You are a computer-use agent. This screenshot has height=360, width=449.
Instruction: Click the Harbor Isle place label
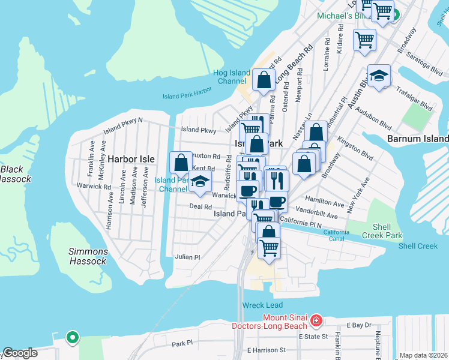(131, 159)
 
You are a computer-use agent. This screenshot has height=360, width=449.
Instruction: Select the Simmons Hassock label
(88, 256)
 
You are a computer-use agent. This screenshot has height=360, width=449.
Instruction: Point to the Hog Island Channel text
(231, 77)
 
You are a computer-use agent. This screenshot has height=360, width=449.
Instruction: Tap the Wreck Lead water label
(262, 305)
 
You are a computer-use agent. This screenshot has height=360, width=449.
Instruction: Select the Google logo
(20, 353)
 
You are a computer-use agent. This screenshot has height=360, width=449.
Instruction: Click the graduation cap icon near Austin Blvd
(379, 76)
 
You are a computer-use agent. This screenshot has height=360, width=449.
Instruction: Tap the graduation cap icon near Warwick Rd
(200, 182)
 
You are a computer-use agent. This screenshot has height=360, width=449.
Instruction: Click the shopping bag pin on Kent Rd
(181, 162)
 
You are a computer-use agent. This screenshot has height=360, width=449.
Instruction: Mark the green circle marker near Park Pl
(73, 338)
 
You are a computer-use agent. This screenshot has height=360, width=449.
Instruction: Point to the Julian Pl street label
(187, 257)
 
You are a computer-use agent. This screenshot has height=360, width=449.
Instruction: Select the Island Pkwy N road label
(123, 124)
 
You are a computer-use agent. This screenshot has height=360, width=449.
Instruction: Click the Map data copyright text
(423, 355)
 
